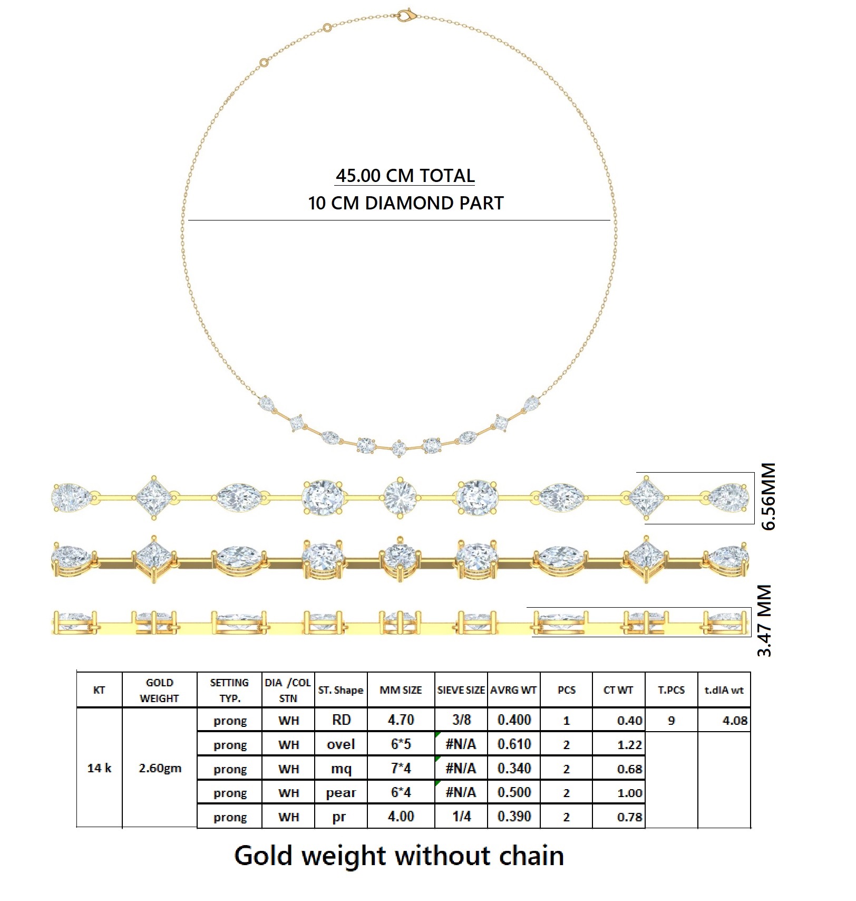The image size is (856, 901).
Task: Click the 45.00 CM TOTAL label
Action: click(x=405, y=176)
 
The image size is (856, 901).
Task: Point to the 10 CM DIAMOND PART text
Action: click(x=405, y=203)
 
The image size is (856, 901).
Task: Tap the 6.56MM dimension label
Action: click(x=769, y=496)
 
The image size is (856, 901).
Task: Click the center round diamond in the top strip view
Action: click(x=400, y=497)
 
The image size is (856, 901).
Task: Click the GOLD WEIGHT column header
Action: click(x=159, y=690)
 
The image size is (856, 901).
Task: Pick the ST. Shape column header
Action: click(x=341, y=690)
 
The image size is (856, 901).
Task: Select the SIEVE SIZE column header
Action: click(x=461, y=690)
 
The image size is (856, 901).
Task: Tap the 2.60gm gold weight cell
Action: click(x=160, y=768)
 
